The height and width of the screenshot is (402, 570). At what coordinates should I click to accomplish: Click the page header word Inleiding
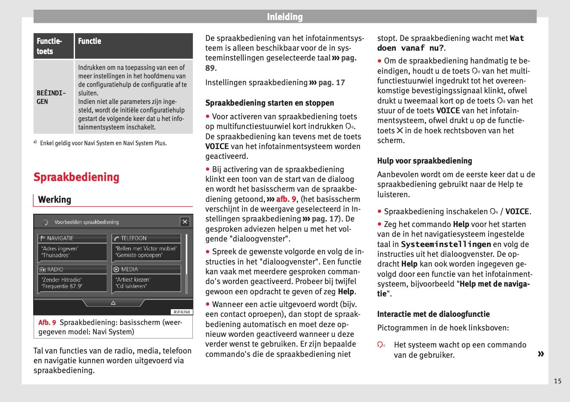point(285,17)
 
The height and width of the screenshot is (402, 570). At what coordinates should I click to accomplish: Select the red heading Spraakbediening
point(76,177)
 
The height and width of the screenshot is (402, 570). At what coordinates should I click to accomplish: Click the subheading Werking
point(55,200)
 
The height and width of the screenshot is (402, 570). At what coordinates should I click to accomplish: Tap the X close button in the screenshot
point(185,221)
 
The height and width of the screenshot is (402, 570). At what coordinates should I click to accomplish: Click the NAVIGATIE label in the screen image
point(60,238)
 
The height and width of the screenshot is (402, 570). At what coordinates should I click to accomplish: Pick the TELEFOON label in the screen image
point(133,238)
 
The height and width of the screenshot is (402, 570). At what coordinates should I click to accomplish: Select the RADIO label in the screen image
point(55,270)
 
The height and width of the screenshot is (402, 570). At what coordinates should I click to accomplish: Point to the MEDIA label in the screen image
point(129,270)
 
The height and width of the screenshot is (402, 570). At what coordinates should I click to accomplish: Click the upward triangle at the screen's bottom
point(113,303)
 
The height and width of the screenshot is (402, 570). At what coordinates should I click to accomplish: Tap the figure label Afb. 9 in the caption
point(47,323)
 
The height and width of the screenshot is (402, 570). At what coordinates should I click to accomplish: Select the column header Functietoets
point(49,46)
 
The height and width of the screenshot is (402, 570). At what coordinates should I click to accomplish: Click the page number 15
point(558,381)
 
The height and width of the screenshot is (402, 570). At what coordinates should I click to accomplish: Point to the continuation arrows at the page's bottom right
point(541,354)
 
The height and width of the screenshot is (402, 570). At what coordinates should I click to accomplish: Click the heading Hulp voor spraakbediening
point(424,161)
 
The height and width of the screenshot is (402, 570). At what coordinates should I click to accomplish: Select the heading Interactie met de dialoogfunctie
point(433,314)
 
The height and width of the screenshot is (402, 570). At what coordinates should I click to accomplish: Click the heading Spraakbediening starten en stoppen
point(270,103)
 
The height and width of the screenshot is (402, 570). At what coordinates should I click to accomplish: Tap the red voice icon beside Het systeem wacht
point(381,345)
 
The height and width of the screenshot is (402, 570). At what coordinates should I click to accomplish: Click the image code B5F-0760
point(182,312)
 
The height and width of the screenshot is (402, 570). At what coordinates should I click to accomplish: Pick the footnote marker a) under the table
point(35,142)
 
